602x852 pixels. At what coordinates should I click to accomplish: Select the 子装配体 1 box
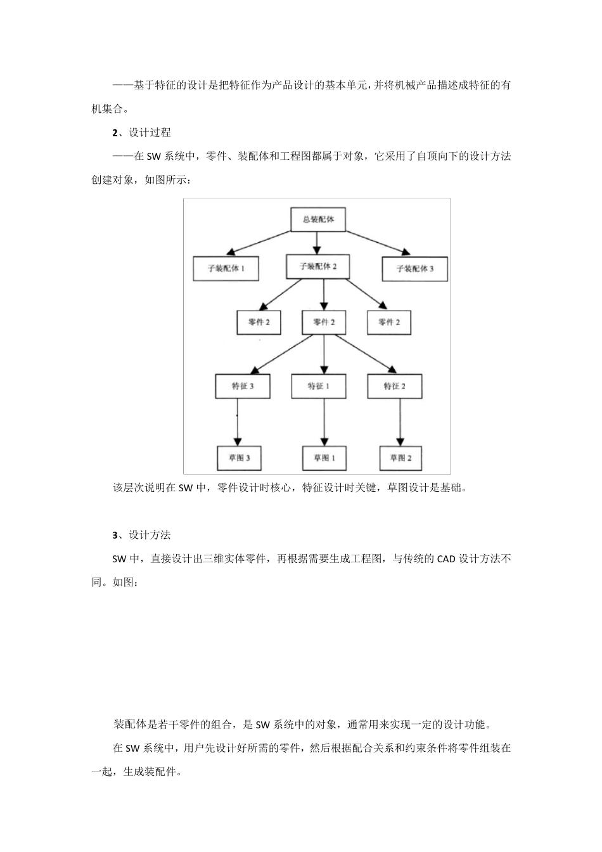pyautogui.click(x=226, y=268)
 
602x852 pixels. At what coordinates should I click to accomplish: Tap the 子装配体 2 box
pyautogui.click(x=318, y=266)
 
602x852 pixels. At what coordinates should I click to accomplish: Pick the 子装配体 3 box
pyautogui.click(x=415, y=268)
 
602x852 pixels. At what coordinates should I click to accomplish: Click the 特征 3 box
pyautogui.click(x=243, y=386)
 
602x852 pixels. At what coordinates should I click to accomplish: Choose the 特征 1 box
pyautogui.click(x=319, y=386)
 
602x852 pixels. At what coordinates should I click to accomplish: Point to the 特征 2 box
pyautogui.click(x=394, y=386)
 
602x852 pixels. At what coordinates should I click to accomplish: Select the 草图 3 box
pyautogui.click(x=240, y=458)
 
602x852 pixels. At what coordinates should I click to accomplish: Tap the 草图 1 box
pyautogui.click(x=324, y=458)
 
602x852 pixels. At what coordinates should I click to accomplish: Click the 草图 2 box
pyautogui.click(x=400, y=458)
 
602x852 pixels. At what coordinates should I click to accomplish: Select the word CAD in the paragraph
pyautogui.click(x=446, y=559)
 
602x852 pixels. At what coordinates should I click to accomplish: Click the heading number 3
pyautogui.click(x=115, y=535)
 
